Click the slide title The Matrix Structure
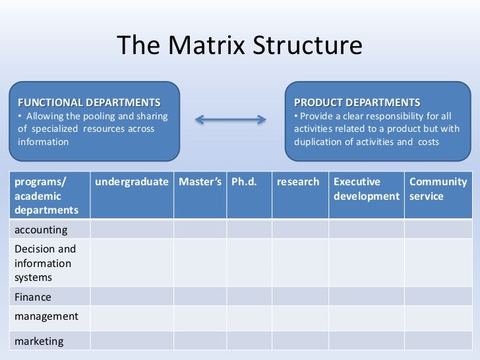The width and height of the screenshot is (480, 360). tap(239, 45)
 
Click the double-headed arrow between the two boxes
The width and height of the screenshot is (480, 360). tap(231, 119)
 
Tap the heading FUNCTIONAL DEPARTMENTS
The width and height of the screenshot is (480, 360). tap(88, 103)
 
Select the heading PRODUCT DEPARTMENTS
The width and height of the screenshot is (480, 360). tap(357, 103)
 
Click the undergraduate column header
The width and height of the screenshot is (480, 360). tap(131, 182)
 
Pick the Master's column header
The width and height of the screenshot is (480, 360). tap(200, 182)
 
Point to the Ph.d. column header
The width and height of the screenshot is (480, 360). tap(243, 182)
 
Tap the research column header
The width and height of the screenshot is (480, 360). tap(298, 182)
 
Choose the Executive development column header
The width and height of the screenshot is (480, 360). tap(366, 189)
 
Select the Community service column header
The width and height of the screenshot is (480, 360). tap(438, 189)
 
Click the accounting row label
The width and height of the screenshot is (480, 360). tap(41, 229)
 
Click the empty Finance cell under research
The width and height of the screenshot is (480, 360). tap(300, 297)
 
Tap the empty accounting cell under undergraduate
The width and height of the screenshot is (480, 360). tap(131, 229)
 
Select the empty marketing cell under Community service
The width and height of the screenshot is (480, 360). tap(438, 342)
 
